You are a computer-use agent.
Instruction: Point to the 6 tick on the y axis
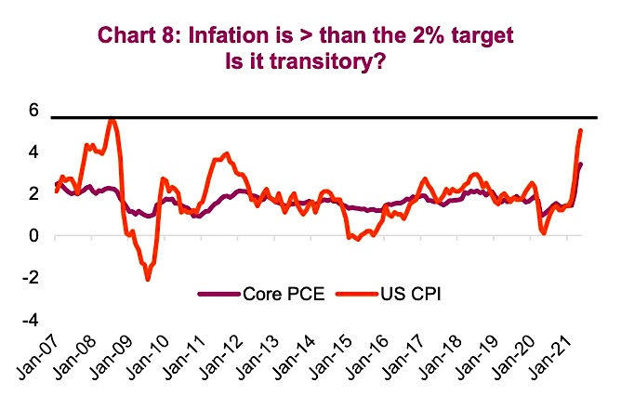click(x=33, y=111)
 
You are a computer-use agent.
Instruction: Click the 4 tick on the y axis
click(x=33, y=152)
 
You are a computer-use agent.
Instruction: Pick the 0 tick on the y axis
click(x=33, y=236)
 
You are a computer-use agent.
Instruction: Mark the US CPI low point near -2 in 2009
click(x=147, y=279)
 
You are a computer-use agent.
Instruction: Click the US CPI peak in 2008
click(x=112, y=118)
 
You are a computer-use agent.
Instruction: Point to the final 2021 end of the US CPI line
click(x=581, y=131)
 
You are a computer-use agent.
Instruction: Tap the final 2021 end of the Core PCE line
click(x=582, y=165)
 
